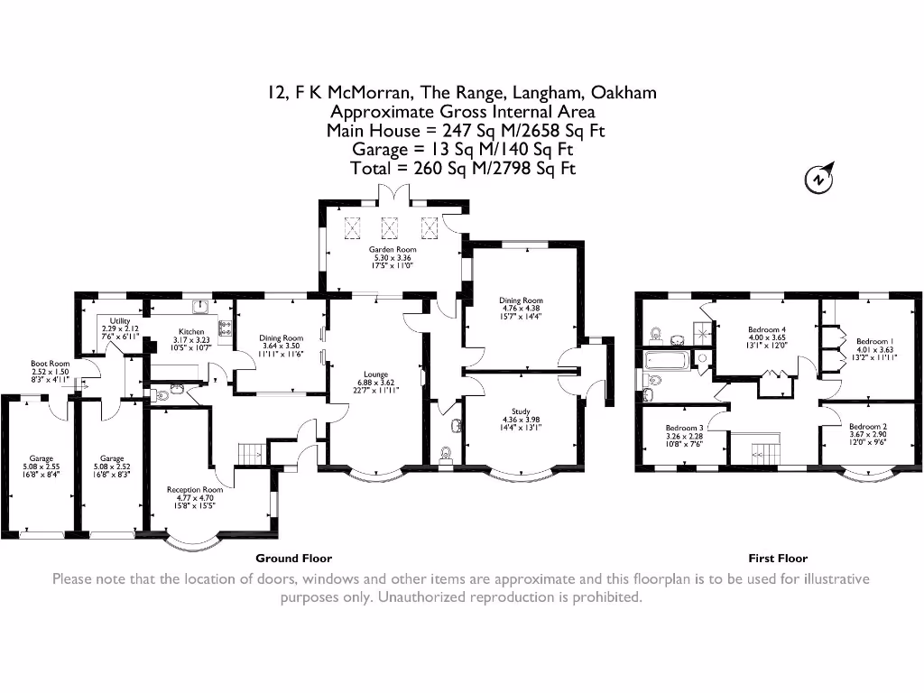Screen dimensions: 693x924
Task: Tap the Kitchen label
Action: point(190,332)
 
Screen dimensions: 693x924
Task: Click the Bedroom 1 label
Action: point(874,341)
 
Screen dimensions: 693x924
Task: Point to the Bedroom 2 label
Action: point(867,426)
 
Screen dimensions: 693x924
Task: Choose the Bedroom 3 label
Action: point(684,428)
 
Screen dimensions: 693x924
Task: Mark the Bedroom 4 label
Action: point(767,329)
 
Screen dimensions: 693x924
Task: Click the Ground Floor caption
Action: point(294,559)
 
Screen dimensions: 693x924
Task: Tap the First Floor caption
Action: point(778,559)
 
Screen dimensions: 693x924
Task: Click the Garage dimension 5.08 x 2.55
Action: point(40,467)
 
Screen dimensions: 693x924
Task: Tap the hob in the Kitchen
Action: point(224,328)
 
